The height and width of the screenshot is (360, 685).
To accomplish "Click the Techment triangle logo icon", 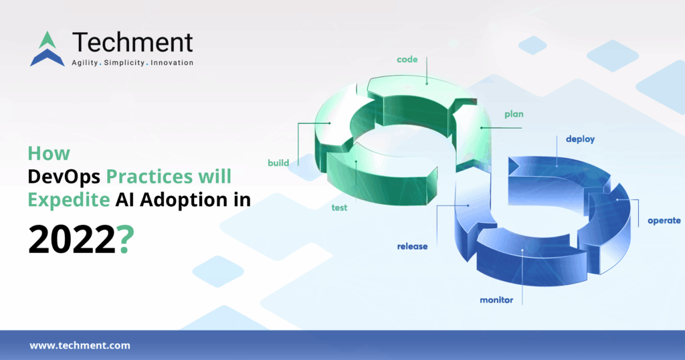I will [x=47, y=49].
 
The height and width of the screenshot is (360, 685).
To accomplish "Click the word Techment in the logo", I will [x=132, y=42].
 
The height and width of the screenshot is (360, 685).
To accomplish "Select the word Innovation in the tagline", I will [x=172, y=63].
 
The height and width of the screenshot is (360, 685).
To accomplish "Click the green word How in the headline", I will [x=48, y=153].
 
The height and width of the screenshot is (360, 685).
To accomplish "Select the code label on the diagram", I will [x=407, y=60].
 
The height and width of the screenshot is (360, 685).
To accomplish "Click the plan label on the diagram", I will [x=514, y=114].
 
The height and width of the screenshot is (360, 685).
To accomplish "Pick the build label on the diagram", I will [x=278, y=163].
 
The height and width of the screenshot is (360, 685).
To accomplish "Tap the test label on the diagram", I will [x=339, y=207].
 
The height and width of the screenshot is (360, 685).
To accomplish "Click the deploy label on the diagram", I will [x=580, y=139].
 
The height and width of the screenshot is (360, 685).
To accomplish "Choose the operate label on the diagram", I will [x=664, y=220].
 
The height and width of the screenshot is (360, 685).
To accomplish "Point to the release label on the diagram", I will [x=412, y=246].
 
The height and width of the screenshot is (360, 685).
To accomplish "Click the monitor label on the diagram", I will [x=496, y=300].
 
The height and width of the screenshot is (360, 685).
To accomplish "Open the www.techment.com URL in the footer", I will [x=80, y=346].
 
